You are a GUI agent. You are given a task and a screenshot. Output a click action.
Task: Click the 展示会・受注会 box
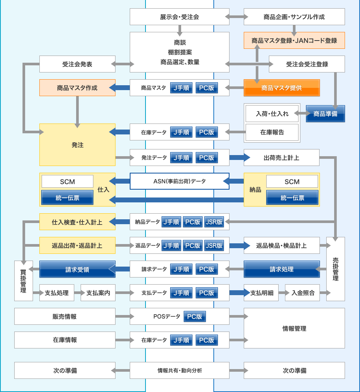[180, 17]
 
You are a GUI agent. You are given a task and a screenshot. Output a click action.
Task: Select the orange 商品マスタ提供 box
[282, 88]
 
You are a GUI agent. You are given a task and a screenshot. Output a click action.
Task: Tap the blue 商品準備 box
[325, 114]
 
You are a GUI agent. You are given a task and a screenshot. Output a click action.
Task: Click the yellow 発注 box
[77, 145]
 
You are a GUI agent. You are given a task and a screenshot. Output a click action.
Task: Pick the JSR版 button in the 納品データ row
[214, 222]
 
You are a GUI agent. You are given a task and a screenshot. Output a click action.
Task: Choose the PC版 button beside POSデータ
[195, 317]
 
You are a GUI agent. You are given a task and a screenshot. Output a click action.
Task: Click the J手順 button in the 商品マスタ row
[181, 88]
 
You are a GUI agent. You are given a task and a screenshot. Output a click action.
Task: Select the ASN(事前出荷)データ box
[180, 181]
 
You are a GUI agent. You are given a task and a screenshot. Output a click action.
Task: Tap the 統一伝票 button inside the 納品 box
[292, 198]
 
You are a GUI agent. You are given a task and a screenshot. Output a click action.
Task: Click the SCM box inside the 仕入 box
[67, 181]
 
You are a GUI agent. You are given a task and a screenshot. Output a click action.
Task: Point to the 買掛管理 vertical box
[24, 281]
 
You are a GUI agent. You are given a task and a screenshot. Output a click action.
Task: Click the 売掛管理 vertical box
[336, 269]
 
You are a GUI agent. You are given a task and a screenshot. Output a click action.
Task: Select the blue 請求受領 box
[77, 269]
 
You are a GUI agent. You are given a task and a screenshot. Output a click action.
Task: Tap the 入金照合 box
[303, 292]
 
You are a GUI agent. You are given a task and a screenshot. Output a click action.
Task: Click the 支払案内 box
[98, 292]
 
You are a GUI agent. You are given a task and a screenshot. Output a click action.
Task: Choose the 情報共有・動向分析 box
[180, 370]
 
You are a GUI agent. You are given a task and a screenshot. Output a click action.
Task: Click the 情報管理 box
[294, 328]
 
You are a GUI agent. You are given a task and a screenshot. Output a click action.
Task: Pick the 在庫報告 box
[272, 132]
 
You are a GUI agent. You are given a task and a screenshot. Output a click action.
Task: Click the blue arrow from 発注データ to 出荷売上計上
[240, 157]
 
